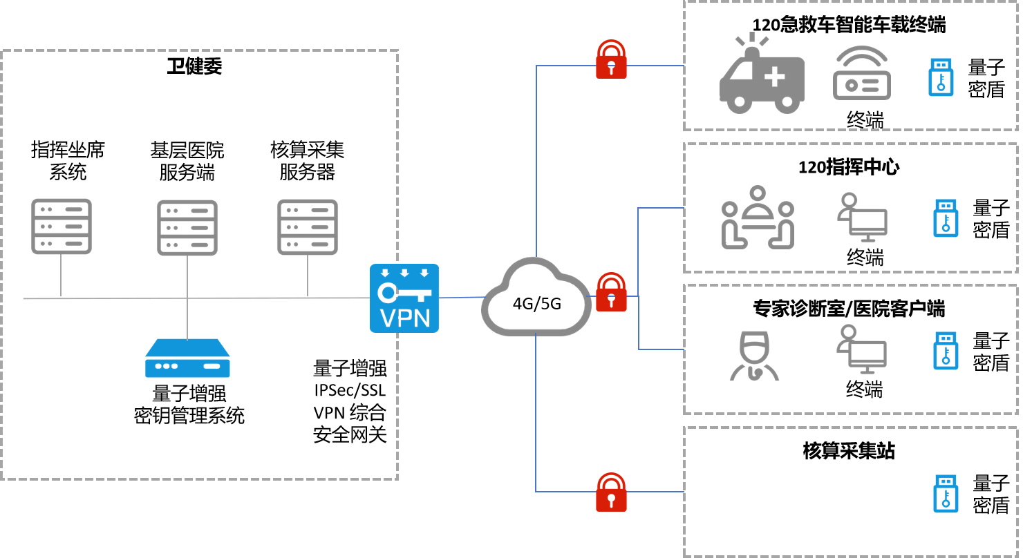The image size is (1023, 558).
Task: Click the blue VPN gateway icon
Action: [404, 298]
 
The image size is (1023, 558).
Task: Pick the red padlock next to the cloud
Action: [611, 292]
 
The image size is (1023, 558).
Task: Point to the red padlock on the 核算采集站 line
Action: [611, 492]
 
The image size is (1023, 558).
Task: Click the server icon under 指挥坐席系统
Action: [61, 227]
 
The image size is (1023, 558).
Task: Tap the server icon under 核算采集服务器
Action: [307, 227]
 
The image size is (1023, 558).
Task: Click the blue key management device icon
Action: [187, 358]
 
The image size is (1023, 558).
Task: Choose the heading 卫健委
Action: [194, 67]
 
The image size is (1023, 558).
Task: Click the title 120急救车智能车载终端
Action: [849, 26]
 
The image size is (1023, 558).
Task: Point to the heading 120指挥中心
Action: [849, 167]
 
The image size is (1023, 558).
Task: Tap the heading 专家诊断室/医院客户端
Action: [849, 309]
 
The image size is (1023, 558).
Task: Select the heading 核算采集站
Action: [849, 451]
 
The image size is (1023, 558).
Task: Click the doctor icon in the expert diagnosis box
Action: [753, 356]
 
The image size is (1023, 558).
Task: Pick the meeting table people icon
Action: [758, 218]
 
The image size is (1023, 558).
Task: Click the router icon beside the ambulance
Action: [861, 75]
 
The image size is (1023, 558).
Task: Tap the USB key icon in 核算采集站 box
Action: [946, 493]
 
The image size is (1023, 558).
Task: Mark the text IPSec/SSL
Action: [350, 390]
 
